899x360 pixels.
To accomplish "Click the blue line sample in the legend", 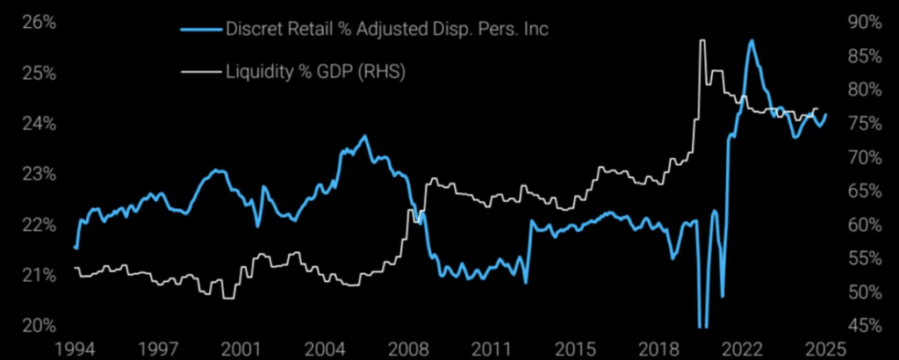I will point(199,30).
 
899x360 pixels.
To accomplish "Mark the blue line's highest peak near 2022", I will point(752,40).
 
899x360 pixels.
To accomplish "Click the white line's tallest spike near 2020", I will point(701,40).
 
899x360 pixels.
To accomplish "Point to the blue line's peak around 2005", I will point(364,137).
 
